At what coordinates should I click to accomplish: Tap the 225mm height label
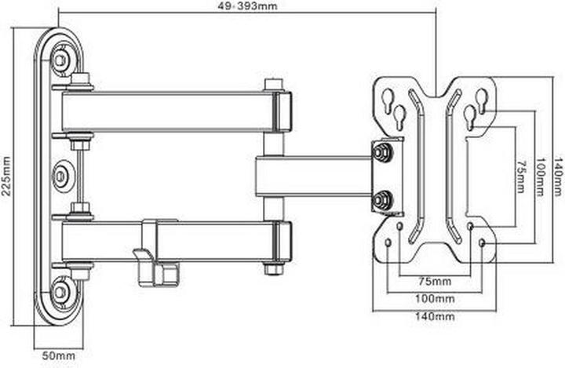[x=6, y=177]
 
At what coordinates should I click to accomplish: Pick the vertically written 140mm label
[x=558, y=177]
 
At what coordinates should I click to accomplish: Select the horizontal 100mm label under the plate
[x=434, y=298]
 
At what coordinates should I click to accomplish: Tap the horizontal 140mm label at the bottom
[x=434, y=317]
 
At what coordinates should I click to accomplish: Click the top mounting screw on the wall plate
[x=60, y=59]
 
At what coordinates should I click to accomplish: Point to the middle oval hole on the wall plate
[x=60, y=175]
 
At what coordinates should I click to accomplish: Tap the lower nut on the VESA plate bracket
[x=382, y=200]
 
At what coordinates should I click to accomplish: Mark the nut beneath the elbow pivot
[x=272, y=268]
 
